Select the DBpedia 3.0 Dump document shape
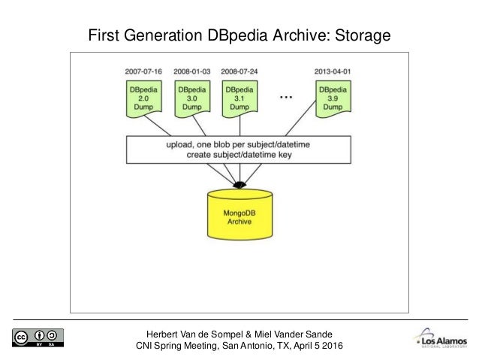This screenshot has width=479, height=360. click(190, 98)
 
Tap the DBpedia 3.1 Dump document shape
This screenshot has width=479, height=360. click(239, 98)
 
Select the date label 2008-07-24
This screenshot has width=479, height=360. click(239, 72)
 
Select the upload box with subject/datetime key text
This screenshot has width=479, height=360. click(239, 149)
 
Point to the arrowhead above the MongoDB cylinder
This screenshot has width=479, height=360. click(239, 184)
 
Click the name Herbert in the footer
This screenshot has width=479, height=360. click(166, 334)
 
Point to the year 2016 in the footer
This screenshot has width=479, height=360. click(330, 346)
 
